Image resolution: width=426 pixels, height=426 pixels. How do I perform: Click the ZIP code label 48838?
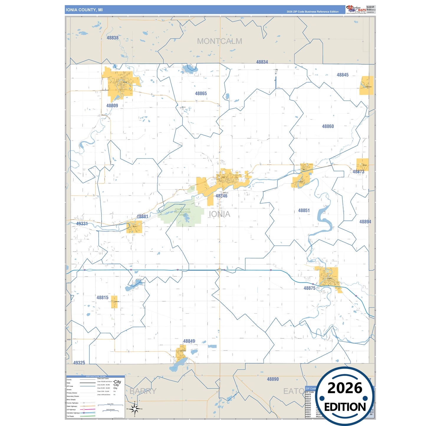[x=112, y=38]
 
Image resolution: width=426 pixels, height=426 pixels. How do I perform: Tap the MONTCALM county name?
[x=219, y=41]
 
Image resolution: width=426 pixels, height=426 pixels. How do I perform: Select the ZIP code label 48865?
[x=201, y=93]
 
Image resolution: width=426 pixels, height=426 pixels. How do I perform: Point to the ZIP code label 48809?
[x=112, y=106]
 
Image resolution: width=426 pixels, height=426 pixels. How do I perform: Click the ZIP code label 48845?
[x=343, y=75]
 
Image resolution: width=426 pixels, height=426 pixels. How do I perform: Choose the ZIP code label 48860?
[x=328, y=126]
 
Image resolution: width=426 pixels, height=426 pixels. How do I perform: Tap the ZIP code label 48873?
[x=358, y=172]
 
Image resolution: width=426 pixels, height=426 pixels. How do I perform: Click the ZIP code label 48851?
[x=304, y=210]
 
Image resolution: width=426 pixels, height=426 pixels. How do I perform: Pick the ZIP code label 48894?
[x=365, y=222]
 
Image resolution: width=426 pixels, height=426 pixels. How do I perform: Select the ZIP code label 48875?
[x=309, y=288]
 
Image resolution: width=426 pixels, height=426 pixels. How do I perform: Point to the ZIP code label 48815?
[x=102, y=298]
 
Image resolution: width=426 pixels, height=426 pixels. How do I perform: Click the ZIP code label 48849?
[x=189, y=341]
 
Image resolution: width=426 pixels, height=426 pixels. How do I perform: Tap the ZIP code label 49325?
[x=79, y=363]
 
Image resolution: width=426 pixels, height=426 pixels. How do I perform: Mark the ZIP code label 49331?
[x=82, y=224]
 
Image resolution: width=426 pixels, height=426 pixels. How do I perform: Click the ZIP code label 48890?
[x=273, y=379]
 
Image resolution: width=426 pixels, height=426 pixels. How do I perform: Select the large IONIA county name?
[x=219, y=214]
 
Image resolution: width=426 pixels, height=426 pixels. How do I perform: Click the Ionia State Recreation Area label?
[x=182, y=212]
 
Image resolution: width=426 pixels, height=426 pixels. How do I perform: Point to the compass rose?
[x=134, y=409]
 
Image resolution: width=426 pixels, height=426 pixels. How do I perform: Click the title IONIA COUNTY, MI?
[x=84, y=10]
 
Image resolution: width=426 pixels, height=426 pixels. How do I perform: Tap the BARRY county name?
[x=143, y=391]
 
